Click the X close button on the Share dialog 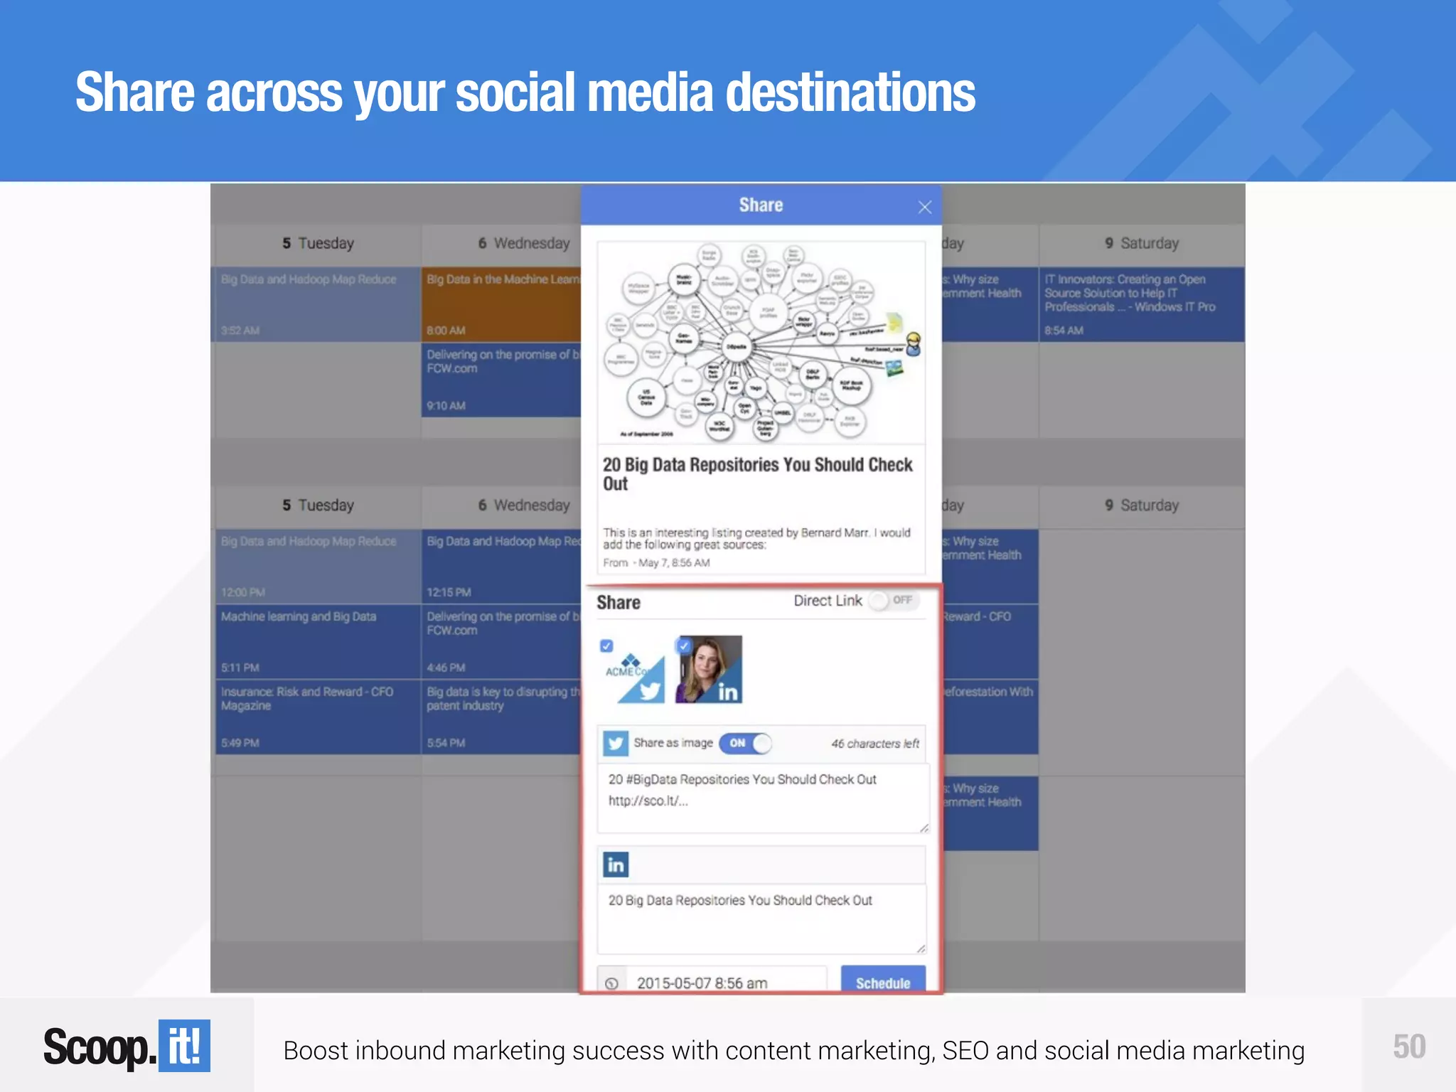tap(924, 207)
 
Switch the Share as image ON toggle tap(744, 743)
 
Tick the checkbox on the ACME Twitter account tap(606, 646)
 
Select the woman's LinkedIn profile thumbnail tap(709, 669)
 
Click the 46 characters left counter tap(874, 744)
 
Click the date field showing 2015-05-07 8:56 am tap(725, 983)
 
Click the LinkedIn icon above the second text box tap(616, 864)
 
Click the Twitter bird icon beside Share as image tap(616, 744)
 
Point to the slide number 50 tap(1408, 1046)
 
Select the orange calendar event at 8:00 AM tap(501, 304)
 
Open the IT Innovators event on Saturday tap(1140, 304)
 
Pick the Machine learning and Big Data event tap(317, 641)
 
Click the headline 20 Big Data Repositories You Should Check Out tap(756, 473)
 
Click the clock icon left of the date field tap(611, 983)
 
